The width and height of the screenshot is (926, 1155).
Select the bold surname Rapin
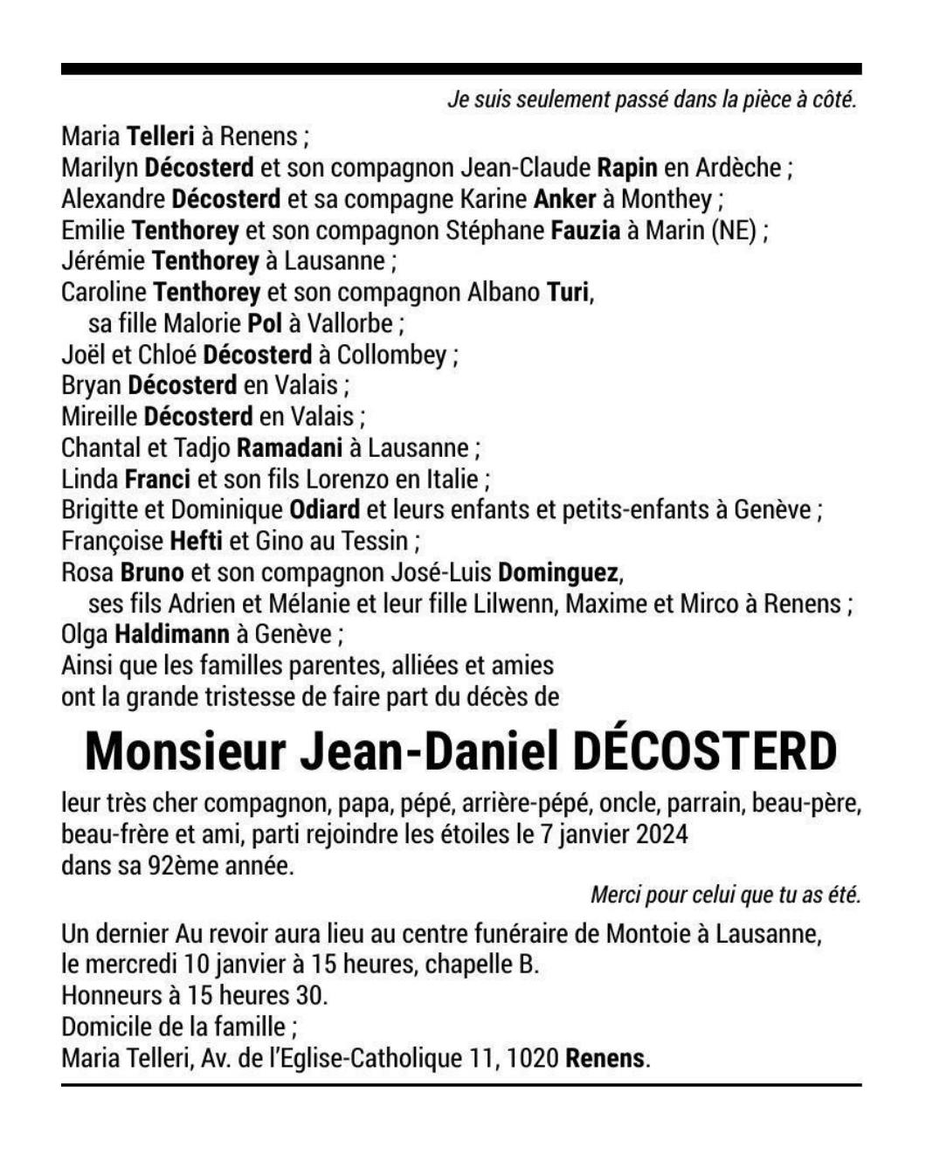tap(626, 167)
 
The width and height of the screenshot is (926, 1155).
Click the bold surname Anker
tap(564, 198)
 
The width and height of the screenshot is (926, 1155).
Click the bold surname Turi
tap(568, 292)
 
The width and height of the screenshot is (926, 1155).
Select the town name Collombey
tap(391, 355)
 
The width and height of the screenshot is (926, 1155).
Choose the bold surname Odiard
tap(324, 509)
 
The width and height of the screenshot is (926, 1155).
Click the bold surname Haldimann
tap(172, 634)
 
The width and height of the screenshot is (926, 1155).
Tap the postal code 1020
tap(532, 1059)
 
